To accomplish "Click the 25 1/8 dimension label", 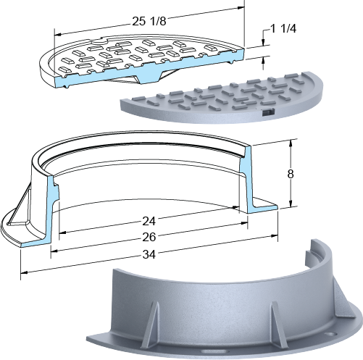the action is (149, 22).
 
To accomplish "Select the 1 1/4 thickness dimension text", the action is (283, 29).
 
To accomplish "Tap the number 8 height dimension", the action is (291, 174).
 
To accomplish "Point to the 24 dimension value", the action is (149, 221).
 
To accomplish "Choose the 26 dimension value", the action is (149, 237).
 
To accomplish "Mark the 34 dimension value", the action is (149, 254).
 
